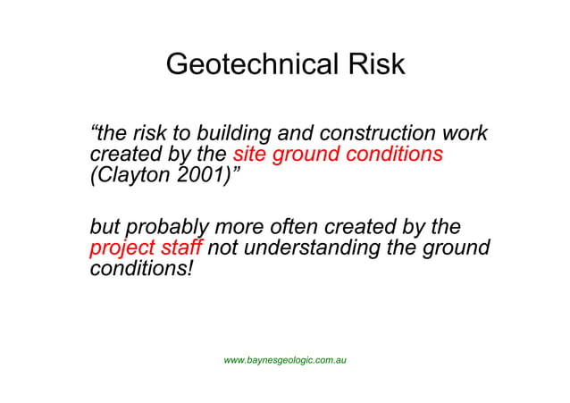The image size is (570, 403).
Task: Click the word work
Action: [x=464, y=134]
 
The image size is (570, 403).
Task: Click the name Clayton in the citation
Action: [x=133, y=176]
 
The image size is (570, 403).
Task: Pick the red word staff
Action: [x=182, y=248]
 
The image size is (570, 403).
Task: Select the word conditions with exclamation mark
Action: [x=141, y=268]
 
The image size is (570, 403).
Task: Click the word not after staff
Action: [x=223, y=248]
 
